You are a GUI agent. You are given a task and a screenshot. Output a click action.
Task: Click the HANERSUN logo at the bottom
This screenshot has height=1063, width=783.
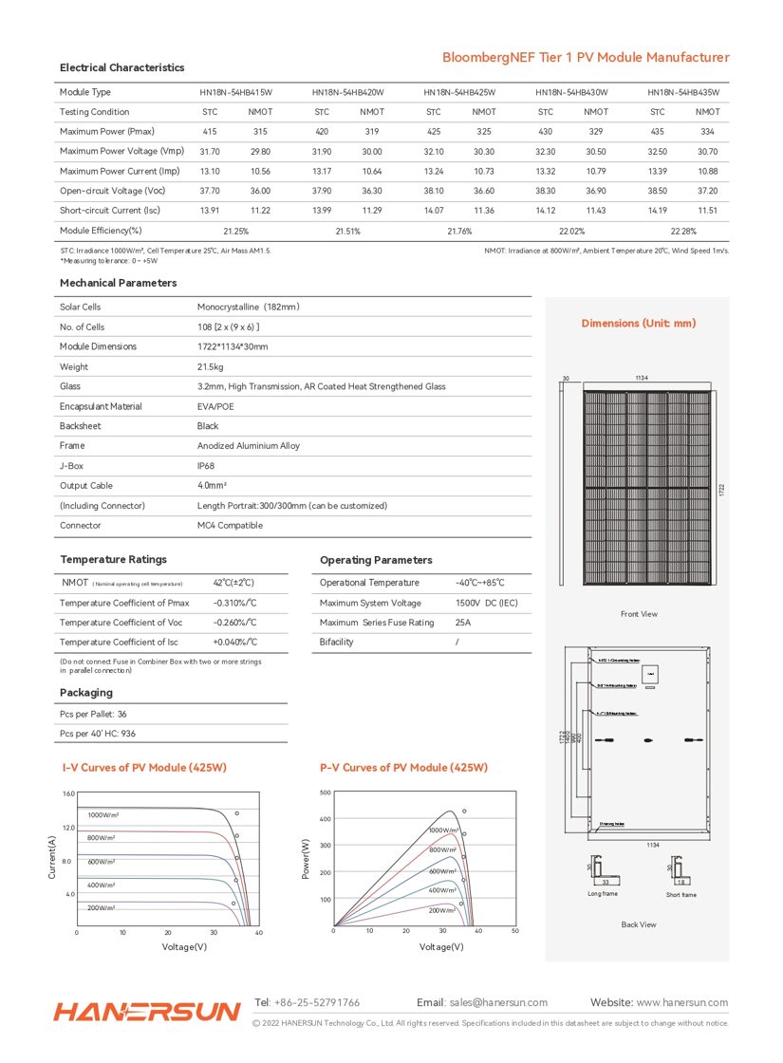(147, 1012)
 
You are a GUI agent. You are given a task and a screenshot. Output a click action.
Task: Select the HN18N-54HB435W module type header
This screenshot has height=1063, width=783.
(683, 92)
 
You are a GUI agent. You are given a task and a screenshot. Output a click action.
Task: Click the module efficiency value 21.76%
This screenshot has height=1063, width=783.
(459, 231)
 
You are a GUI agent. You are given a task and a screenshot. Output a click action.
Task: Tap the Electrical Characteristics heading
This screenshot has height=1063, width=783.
(121, 67)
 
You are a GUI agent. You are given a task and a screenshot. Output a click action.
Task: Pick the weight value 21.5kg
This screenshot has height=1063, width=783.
(211, 366)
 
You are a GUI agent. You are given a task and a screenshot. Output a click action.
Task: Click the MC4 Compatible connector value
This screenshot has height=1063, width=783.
(230, 525)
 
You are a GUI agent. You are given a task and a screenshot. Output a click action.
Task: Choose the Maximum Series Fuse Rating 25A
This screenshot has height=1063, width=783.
(463, 623)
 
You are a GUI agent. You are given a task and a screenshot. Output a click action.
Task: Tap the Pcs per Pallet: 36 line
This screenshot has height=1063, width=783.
(93, 714)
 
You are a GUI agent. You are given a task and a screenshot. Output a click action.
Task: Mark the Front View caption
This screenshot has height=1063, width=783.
(639, 614)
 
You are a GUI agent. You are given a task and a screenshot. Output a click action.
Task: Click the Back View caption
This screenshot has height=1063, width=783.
(639, 924)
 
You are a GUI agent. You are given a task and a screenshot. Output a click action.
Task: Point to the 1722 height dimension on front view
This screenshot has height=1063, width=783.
(720, 490)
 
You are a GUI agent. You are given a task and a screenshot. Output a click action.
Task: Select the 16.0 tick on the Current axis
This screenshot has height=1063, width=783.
(68, 793)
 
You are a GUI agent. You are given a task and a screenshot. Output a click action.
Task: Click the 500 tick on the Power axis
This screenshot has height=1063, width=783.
(326, 793)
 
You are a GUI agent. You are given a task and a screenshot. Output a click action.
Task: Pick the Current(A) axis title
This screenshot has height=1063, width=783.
(52, 856)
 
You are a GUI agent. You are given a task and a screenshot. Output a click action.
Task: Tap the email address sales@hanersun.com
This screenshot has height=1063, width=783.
(498, 1002)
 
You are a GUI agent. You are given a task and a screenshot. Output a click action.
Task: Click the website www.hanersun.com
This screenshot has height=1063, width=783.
(681, 1002)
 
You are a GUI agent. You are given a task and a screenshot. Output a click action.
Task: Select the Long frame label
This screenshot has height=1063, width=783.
(603, 894)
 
